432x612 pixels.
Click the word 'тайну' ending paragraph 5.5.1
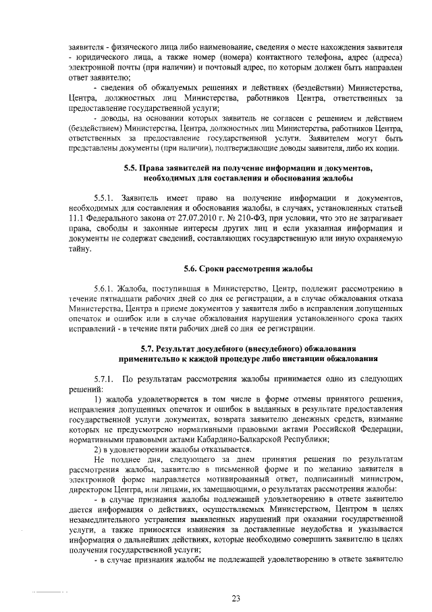point(80,250)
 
